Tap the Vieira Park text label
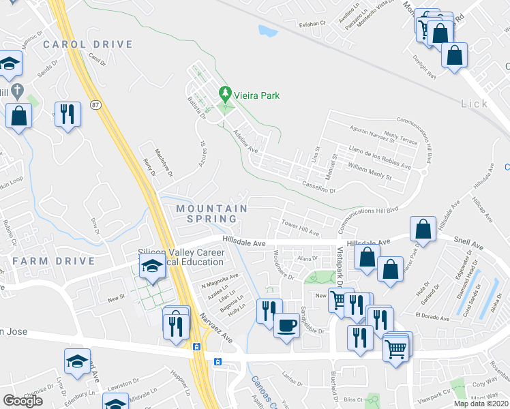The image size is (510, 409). [x=256, y=96]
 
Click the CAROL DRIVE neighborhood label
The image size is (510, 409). [x=87, y=44]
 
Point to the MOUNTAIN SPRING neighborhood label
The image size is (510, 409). [x=211, y=213]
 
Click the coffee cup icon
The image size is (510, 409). [x=287, y=324]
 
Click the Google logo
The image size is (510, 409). [x=22, y=400]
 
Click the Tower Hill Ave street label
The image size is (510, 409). [x=301, y=228]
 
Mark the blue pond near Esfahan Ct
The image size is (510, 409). [x=268, y=31]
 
